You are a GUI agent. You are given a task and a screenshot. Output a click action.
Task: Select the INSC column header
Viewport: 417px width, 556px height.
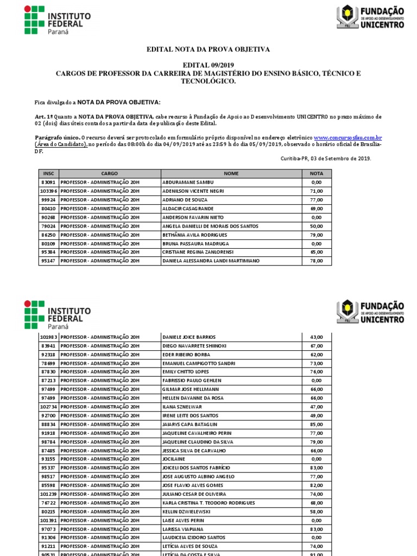tap(48, 174)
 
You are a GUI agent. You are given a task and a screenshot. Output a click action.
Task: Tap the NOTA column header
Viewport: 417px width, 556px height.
tap(317, 174)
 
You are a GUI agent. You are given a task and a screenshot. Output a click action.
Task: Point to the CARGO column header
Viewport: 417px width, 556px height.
tap(109, 174)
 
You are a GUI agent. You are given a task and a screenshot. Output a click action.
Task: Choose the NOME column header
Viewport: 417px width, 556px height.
tap(231, 174)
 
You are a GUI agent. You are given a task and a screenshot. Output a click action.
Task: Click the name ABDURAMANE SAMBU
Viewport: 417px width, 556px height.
tap(188, 182)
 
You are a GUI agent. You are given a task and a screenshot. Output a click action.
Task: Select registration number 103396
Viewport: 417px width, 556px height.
tap(48, 191)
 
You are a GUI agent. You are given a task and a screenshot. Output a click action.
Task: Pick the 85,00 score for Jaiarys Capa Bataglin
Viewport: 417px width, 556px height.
tap(317, 424)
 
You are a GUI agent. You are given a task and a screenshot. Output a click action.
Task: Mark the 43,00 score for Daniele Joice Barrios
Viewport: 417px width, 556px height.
tap(317, 337)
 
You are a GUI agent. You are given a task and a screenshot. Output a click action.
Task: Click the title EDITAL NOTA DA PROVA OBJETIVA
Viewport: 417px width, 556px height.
tap(208, 49)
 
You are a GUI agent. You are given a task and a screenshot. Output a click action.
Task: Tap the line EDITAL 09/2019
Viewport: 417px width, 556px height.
tap(208, 65)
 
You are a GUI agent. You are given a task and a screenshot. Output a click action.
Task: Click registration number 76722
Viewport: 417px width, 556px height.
tap(48, 503)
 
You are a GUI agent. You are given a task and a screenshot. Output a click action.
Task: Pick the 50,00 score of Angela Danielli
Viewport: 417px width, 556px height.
tap(317, 226)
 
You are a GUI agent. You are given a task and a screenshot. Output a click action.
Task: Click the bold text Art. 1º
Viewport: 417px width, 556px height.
tap(44, 117)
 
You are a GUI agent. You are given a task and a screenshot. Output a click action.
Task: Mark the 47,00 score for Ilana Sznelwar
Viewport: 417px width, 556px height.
tap(317, 407)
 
